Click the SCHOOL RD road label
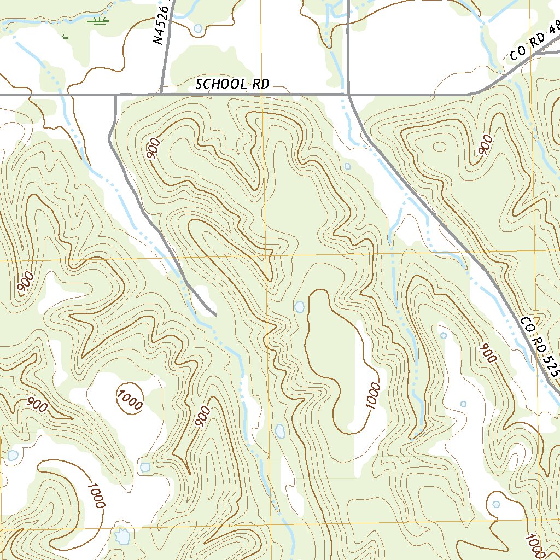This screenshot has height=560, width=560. point(232,84)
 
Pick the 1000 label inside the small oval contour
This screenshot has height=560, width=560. point(130,397)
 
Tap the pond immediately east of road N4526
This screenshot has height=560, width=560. point(197,28)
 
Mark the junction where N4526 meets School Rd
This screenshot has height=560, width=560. point(161,94)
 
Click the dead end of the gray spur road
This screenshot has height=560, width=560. point(215,315)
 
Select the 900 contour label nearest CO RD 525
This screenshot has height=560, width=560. point(487,353)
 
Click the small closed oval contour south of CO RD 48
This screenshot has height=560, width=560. point(439,146)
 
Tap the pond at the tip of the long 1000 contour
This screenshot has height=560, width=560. point(299,307)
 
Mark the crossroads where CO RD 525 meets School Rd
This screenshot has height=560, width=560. point(348,95)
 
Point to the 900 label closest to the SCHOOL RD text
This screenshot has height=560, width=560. point(154,149)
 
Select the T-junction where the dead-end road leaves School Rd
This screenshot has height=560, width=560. point(116,95)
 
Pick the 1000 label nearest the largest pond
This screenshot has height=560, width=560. point(95,495)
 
